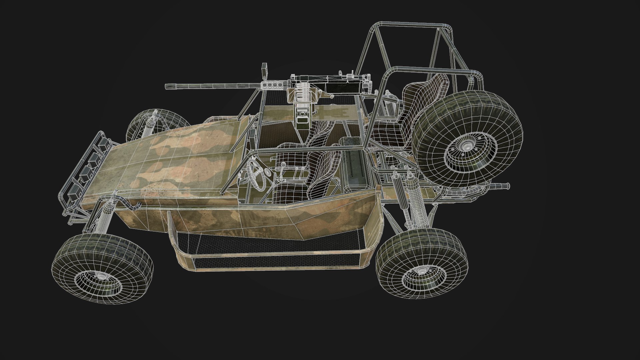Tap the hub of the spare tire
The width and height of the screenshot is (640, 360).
pyautogui.click(x=467, y=147)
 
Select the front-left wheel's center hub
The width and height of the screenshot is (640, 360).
pyautogui.click(x=102, y=276)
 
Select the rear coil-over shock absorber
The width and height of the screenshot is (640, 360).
pyautogui.click(x=413, y=200)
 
